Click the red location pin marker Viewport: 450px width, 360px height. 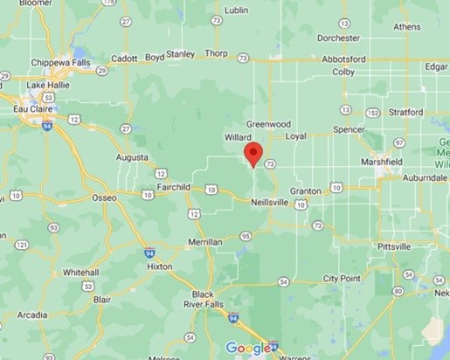click(253, 155)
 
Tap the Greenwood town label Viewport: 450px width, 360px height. click(267, 124)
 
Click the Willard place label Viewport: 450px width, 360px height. click(238, 138)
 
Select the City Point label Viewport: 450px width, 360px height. click(342, 279)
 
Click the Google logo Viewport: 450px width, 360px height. click(248, 349)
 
